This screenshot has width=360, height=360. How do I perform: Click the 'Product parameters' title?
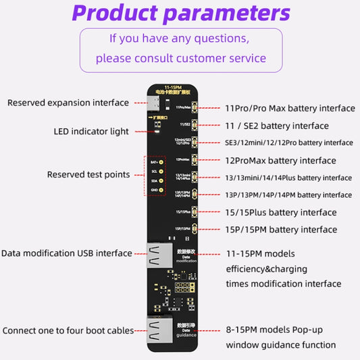(181, 13)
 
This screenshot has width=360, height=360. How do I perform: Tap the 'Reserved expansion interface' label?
(68, 103)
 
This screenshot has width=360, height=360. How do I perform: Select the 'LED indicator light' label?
(91, 132)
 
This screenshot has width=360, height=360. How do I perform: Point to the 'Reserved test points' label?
(88, 175)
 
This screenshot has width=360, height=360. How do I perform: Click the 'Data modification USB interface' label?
(66, 253)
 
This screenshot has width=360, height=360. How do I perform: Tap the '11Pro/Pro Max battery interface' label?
(290, 108)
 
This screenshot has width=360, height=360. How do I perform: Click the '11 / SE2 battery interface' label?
(277, 126)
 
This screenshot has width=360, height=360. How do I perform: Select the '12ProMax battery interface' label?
(280, 160)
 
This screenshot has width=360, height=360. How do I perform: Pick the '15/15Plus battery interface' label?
(280, 212)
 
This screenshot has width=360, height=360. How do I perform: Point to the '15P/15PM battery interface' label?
(280, 230)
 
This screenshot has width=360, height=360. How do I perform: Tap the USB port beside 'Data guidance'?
(155, 332)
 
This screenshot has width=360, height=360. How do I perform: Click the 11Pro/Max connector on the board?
(193, 107)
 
